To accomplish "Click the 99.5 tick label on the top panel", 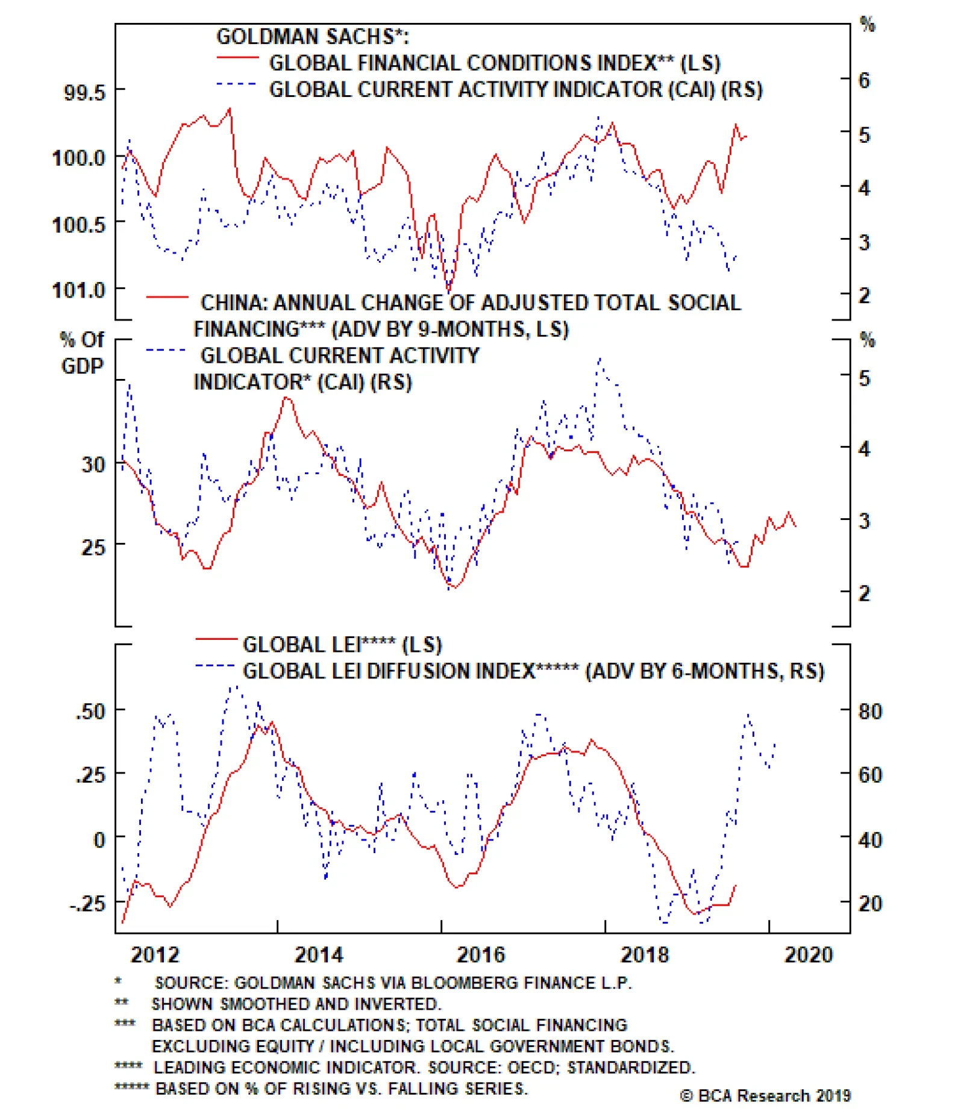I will [84, 93].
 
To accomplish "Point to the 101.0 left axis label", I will [79, 290].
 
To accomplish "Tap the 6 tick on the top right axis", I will [864, 80].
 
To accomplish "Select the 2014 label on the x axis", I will [319, 954].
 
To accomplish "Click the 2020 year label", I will [808, 954].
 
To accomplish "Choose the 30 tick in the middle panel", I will [93, 465].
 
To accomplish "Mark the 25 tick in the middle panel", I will [93, 547].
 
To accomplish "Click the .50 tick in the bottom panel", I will [91, 711].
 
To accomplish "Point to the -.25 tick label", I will [87, 903].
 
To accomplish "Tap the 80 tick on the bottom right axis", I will [870, 711].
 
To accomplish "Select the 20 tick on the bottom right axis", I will [870, 903].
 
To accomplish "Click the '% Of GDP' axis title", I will [82, 352].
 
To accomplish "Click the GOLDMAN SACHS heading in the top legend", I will [313, 37].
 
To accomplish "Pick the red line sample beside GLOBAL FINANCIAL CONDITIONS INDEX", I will [237, 58].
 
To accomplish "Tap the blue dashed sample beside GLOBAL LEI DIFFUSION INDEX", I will [214, 666].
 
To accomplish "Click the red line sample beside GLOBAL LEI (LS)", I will [216, 639].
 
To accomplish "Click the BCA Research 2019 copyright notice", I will [766, 1095].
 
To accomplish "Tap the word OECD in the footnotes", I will [531, 1067].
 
